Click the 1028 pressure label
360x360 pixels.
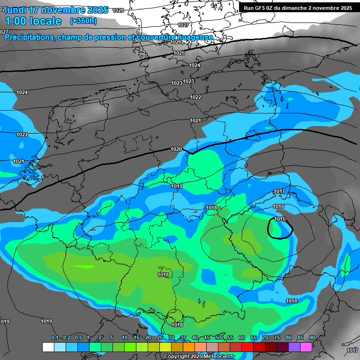coord(119,10)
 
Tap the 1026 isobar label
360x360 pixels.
coord(176,42)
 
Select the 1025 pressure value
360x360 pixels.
coord(179,53)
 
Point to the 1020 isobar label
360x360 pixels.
coord(176,149)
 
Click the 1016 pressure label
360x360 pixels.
coord(278,207)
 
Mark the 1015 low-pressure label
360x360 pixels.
coord(280,219)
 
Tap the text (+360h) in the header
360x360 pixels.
coord(83,21)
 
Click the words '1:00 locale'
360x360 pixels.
coord(33,21)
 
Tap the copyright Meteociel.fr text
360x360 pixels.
coord(199,357)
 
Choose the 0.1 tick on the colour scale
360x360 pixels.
coord(55,338)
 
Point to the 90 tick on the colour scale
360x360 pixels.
coord(312,338)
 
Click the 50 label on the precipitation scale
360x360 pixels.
coord(218,338)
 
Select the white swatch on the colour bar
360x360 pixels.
coord(48,347)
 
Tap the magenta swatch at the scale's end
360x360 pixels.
coord(306,347)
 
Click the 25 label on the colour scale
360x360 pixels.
coord(160,338)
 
